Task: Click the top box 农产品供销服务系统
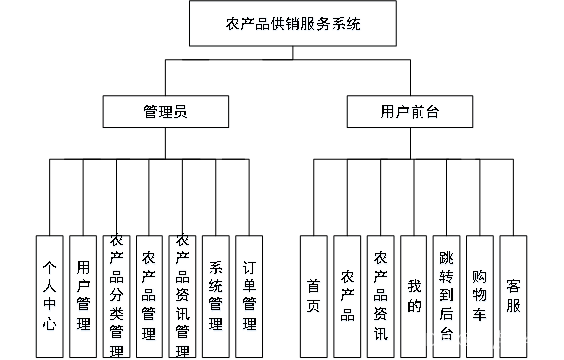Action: (x=293, y=25)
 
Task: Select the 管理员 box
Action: (x=165, y=113)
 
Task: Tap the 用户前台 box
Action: (x=410, y=113)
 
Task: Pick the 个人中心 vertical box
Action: (x=50, y=296)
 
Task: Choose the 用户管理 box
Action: (x=83, y=296)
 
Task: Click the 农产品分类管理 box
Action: (x=117, y=296)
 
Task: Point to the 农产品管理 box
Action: (x=149, y=296)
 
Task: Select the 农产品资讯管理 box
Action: (x=182, y=296)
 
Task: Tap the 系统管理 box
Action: (x=216, y=296)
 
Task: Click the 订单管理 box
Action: (x=249, y=296)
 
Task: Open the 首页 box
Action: (x=314, y=296)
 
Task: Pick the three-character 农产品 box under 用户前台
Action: (x=347, y=296)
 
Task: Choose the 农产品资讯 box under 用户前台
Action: (x=380, y=296)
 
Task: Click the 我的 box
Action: (x=414, y=296)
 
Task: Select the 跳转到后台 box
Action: (x=446, y=296)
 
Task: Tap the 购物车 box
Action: (x=480, y=296)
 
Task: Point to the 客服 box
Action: (x=513, y=296)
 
